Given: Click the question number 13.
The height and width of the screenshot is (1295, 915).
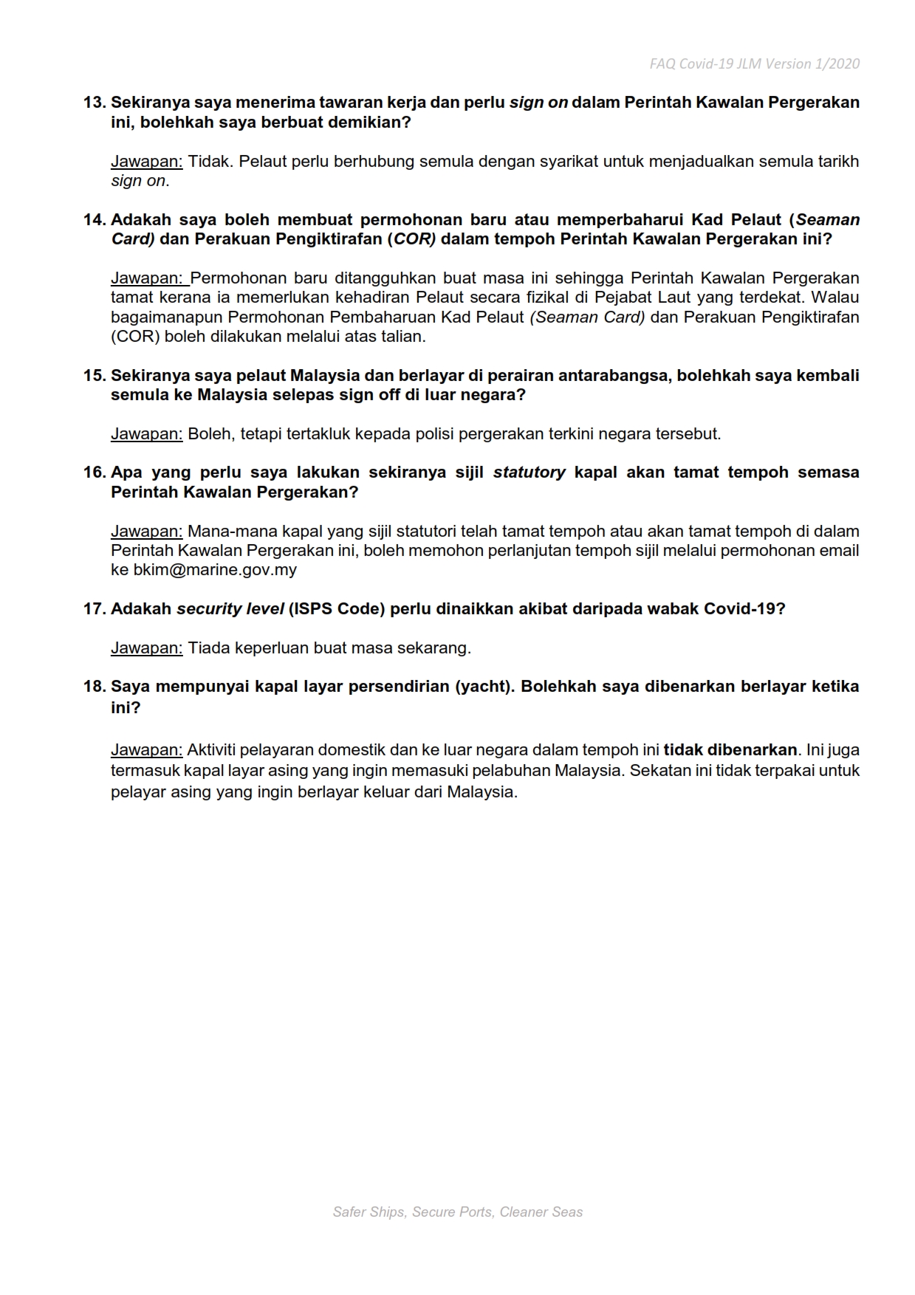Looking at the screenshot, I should [x=95, y=103].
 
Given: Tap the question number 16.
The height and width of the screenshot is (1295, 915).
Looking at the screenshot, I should [x=95, y=473].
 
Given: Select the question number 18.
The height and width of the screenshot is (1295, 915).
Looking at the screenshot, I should [x=95, y=687].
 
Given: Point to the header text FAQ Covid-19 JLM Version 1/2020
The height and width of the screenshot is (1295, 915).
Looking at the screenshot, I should [x=754, y=64].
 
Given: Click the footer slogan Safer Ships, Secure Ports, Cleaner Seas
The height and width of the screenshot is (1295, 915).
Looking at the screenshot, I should [x=458, y=1212].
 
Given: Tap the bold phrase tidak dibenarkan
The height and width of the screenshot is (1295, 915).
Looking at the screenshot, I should [x=730, y=750].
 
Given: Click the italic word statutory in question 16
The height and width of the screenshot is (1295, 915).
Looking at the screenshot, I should [x=529, y=473].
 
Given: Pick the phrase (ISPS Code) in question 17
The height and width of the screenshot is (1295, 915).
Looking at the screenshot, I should [x=336, y=609].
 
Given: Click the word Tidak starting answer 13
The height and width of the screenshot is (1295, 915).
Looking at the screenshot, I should [x=209, y=162].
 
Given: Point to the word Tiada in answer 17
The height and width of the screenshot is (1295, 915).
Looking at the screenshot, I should [x=209, y=648].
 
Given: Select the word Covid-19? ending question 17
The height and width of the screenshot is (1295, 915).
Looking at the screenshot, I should [x=744, y=609].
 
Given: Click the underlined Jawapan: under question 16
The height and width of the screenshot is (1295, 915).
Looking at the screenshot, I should [x=146, y=532].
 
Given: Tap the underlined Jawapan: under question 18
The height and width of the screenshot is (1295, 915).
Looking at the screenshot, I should [x=146, y=750].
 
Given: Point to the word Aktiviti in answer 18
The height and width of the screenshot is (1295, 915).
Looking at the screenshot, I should [x=213, y=750].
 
